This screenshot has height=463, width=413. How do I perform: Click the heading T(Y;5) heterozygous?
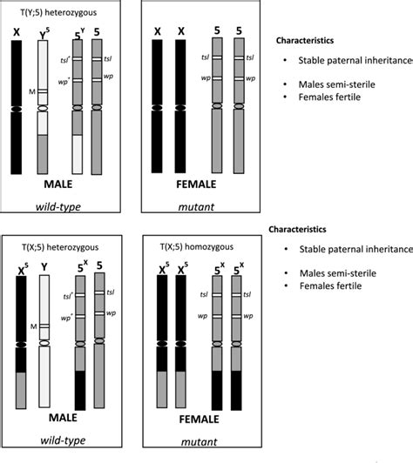tap(44, 12)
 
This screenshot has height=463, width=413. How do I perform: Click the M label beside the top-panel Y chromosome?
tap(31, 90)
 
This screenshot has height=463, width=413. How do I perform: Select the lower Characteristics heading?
tap(301, 231)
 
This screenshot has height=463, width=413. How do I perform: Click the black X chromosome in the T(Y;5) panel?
tap(17, 104)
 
